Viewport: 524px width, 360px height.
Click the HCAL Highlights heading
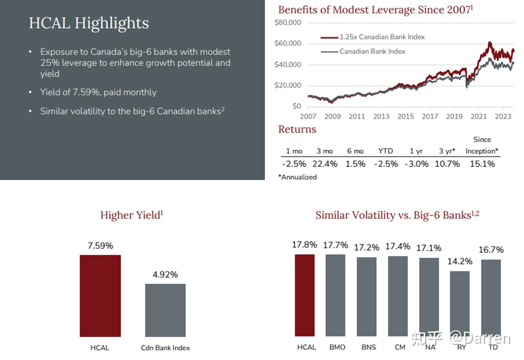pos(89,23)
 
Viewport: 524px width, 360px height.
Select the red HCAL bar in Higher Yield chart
pos(100,296)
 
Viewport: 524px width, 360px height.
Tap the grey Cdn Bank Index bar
pos(165,310)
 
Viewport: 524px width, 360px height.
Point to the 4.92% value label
pos(165,274)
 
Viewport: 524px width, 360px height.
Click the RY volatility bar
pos(460,304)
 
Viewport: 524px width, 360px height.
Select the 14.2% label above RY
pos(460,261)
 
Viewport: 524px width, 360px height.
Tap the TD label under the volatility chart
pos(493,347)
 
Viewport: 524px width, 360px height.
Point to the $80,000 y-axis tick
pos(288,22)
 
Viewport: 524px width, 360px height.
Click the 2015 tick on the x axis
pos(405,116)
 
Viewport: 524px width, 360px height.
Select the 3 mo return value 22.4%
pos(325,164)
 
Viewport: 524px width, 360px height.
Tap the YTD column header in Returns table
pos(385,151)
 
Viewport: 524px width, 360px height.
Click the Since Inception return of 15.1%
pos(482,164)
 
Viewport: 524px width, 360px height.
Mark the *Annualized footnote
pos(297,177)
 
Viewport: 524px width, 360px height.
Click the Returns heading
pos(297,129)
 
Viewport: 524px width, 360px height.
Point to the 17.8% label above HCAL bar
pos(304,244)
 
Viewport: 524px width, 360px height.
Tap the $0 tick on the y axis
pos(297,106)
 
